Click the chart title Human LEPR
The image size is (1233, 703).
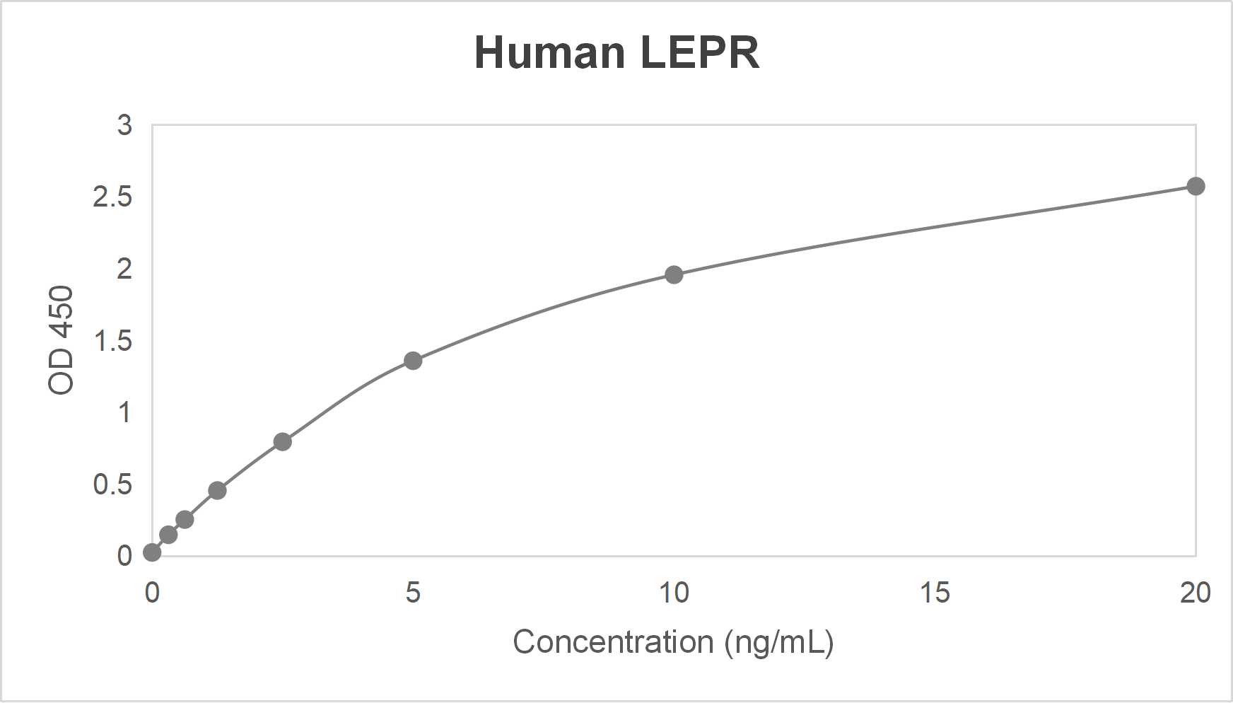(x=616, y=52)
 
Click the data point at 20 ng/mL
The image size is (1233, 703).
(x=1196, y=187)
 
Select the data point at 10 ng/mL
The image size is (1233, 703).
(x=674, y=274)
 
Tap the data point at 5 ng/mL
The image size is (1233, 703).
(x=413, y=361)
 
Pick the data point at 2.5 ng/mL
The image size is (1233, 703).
(x=282, y=442)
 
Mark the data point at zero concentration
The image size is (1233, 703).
(x=152, y=552)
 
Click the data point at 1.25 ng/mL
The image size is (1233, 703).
(x=217, y=490)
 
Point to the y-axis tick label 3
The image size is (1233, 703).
(x=124, y=125)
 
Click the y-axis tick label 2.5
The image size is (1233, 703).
(x=112, y=197)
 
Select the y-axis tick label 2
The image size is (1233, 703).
(x=124, y=269)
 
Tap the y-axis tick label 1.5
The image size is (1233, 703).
(x=112, y=342)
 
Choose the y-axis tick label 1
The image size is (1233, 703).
(x=124, y=412)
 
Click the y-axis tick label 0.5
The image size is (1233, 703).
(x=112, y=484)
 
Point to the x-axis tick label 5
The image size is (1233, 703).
(x=413, y=593)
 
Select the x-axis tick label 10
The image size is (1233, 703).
(x=674, y=593)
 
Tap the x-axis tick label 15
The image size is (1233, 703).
(x=935, y=593)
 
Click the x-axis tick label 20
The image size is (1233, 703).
(x=1196, y=593)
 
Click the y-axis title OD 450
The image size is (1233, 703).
(x=61, y=339)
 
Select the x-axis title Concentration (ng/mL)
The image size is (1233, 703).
(x=673, y=642)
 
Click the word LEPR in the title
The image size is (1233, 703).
(x=700, y=52)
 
